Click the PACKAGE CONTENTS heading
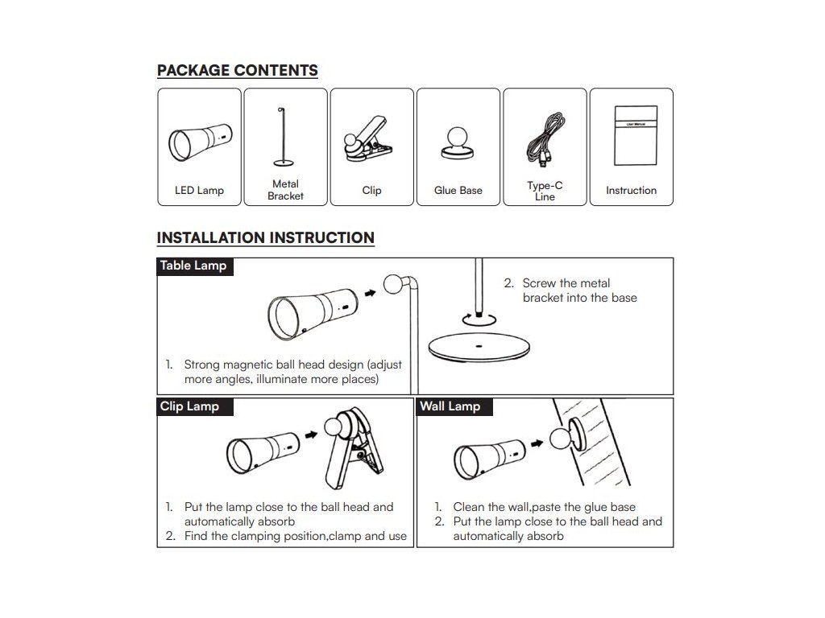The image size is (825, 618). pos(237,70)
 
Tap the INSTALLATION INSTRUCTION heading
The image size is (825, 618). pos(265,237)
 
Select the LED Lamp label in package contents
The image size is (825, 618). pos(199,191)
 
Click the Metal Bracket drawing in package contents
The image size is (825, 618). pos(284,140)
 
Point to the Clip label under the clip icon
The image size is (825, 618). pos(371,191)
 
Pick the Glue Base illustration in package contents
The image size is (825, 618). pos(458,142)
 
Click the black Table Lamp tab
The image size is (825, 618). pos(194,266)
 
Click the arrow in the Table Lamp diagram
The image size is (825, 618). pos(370,294)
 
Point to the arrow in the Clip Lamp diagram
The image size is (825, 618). pos(311,435)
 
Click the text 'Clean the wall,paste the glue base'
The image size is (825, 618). pos(544,507)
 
